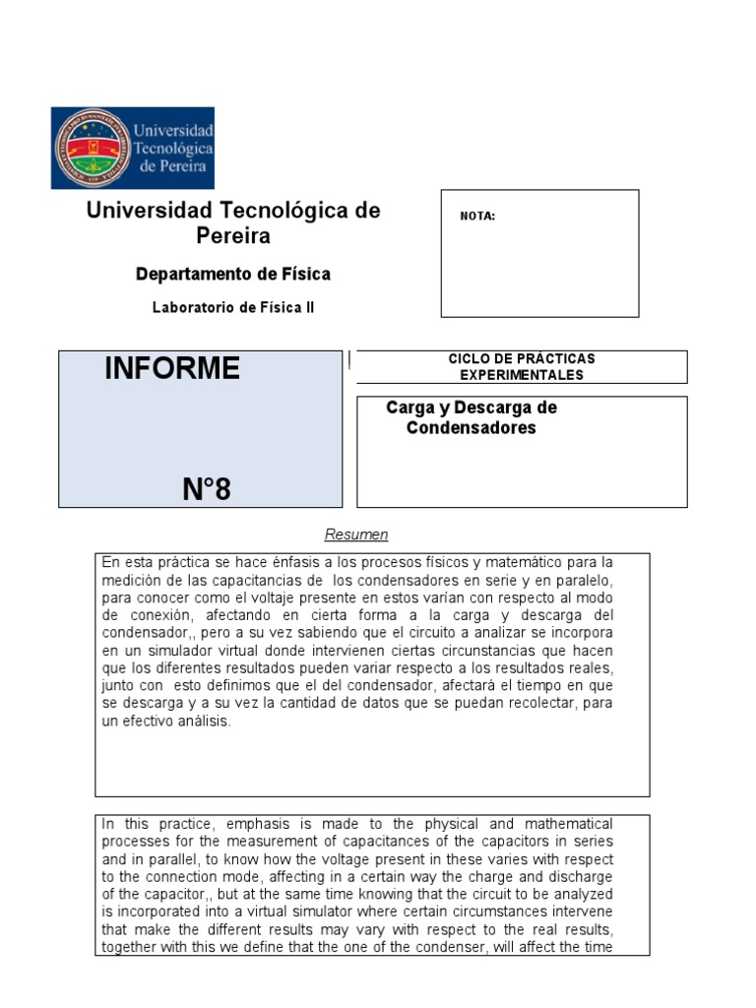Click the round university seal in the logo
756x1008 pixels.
(92, 148)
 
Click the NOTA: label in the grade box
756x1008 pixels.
(477, 217)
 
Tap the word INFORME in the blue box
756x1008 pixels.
(172, 369)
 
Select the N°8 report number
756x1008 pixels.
(207, 488)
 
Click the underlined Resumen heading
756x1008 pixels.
(356, 535)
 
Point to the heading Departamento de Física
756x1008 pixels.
(233, 274)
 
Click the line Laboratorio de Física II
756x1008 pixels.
(233, 307)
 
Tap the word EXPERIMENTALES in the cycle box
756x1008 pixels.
(522, 375)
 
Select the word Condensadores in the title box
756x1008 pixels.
(472, 428)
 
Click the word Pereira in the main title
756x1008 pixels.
(233, 236)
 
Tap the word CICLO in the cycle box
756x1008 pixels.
(468, 359)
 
